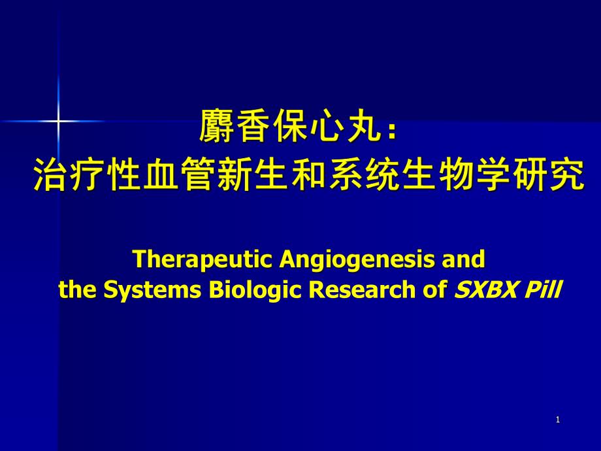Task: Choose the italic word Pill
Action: (x=542, y=290)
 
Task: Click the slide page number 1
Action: (x=558, y=420)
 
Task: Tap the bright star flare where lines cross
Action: (x=58, y=121)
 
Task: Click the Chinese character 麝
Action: (x=216, y=126)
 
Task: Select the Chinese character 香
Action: (x=253, y=126)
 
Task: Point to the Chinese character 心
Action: (x=327, y=126)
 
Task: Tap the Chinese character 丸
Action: (x=364, y=126)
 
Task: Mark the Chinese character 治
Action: (x=50, y=175)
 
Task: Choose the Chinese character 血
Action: (x=161, y=175)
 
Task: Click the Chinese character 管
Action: (x=198, y=175)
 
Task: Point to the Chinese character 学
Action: (x=494, y=175)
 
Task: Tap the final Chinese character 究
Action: (x=568, y=175)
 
